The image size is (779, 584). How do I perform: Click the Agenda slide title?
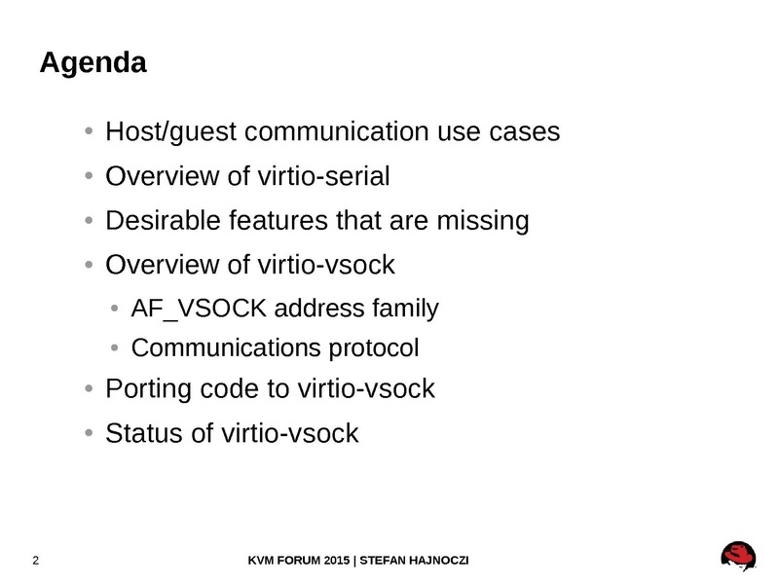tap(93, 63)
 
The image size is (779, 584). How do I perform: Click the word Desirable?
tap(163, 220)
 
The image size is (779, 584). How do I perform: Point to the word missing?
tap(483, 222)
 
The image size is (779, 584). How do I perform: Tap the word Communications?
tap(226, 347)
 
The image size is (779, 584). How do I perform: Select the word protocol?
tap(374, 348)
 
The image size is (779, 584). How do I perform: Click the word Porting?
tap(148, 389)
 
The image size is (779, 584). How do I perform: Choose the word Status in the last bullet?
tap(144, 433)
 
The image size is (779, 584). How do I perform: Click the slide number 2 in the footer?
tap(36, 561)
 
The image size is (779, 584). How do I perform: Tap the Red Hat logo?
tap(738, 556)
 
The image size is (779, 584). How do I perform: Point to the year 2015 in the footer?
tap(336, 561)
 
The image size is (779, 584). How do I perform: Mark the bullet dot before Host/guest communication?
tap(89, 131)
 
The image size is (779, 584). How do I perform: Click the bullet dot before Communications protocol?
tap(115, 347)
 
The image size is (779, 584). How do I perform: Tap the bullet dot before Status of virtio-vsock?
tap(89, 432)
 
